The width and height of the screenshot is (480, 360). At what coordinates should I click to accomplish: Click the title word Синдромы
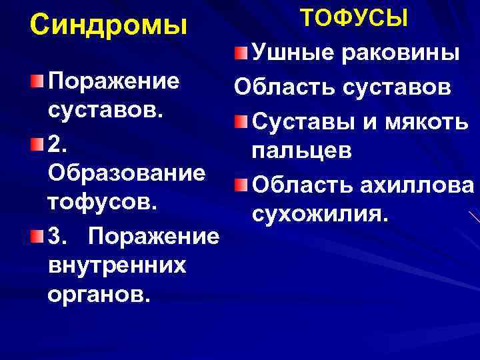click(109, 25)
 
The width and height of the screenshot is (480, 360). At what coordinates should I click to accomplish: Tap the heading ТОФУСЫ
click(353, 17)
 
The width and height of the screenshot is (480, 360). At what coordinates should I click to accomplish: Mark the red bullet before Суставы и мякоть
click(241, 122)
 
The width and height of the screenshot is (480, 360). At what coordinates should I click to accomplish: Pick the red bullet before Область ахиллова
click(241, 184)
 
